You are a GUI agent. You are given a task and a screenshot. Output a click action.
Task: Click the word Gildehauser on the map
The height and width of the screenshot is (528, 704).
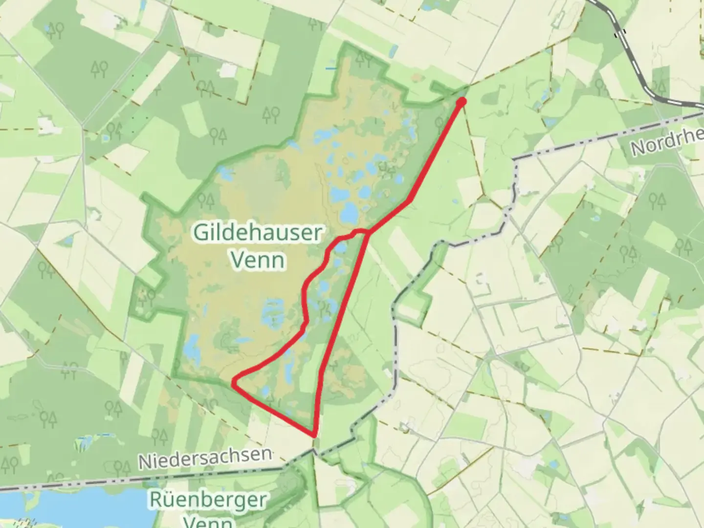[x=258, y=233]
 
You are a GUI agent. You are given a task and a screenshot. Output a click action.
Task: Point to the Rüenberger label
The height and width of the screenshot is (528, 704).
[x=208, y=501]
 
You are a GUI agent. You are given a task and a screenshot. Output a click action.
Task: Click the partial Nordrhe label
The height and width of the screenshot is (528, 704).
[x=667, y=142]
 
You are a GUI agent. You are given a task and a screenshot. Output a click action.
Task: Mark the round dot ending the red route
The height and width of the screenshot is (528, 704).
[x=461, y=101]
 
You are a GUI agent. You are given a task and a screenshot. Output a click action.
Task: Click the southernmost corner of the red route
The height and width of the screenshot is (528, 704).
[x=314, y=434]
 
